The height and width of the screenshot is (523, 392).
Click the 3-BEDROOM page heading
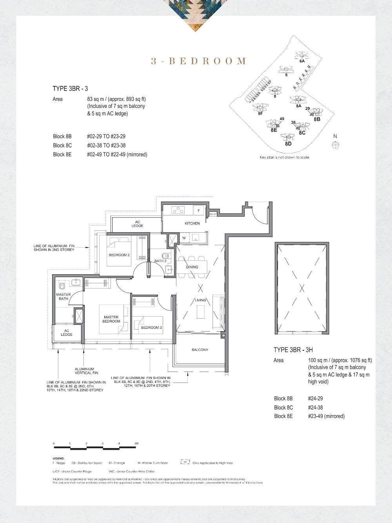click(199, 61)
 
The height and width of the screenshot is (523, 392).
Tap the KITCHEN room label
click(192, 223)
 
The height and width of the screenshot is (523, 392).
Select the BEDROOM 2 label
click(119, 255)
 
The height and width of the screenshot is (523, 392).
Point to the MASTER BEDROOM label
click(111, 319)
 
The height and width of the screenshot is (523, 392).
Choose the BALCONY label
click(200, 350)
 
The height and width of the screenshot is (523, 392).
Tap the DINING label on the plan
click(192, 267)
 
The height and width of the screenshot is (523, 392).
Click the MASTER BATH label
click(64, 297)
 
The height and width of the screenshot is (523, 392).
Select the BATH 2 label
click(160, 261)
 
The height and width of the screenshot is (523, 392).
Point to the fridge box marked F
click(199, 211)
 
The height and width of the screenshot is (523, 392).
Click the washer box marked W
click(183, 238)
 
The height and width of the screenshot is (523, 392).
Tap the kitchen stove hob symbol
click(178, 210)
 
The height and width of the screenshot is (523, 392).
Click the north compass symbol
click(335, 145)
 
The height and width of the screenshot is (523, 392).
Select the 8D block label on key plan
click(288, 144)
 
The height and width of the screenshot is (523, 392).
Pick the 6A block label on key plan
click(302, 61)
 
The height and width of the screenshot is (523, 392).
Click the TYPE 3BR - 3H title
click(293, 350)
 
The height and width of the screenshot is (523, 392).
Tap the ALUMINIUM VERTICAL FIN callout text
click(84, 371)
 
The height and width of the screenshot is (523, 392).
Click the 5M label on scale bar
click(136, 443)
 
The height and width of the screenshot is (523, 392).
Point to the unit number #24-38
click(316, 407)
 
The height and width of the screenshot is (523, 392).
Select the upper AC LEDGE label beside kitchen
click(137, 224)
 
